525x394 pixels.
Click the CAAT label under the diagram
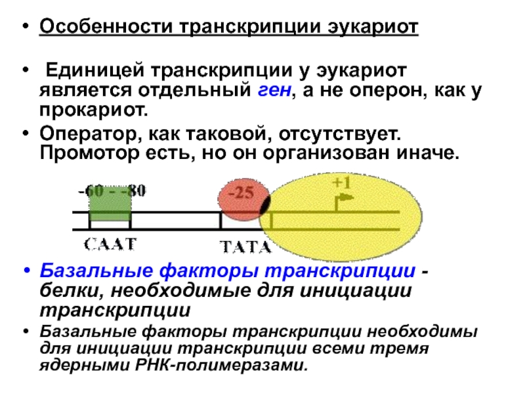110,244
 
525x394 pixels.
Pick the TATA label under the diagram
245,248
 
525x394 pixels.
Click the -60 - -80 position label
112,191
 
